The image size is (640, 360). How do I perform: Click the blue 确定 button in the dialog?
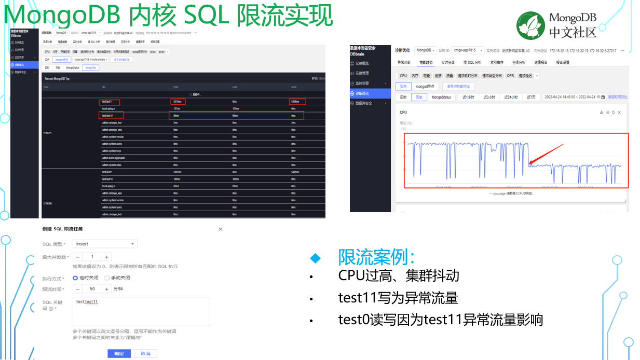coord(119,353)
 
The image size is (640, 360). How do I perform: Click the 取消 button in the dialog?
coord(145,353)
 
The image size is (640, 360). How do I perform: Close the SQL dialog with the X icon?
coord(220,229)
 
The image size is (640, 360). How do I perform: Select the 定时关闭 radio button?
coord(75,278)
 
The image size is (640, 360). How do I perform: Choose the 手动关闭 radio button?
coord(107,278)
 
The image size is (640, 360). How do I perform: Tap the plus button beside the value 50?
coord(107,289)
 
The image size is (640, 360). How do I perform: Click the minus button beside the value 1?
coord(77,257)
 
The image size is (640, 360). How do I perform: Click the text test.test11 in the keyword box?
coord(87,302)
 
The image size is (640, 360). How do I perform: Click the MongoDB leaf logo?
coord(530,25)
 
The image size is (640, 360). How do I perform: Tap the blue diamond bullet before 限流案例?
coord(315,258)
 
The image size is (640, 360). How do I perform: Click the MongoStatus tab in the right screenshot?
coord(441,97)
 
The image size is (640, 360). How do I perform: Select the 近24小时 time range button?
coord(511,97)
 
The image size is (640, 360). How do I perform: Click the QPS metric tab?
coord(510,76)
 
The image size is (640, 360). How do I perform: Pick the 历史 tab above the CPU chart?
coord(418,97)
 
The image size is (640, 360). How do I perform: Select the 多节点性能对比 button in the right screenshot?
coord(459,86)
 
